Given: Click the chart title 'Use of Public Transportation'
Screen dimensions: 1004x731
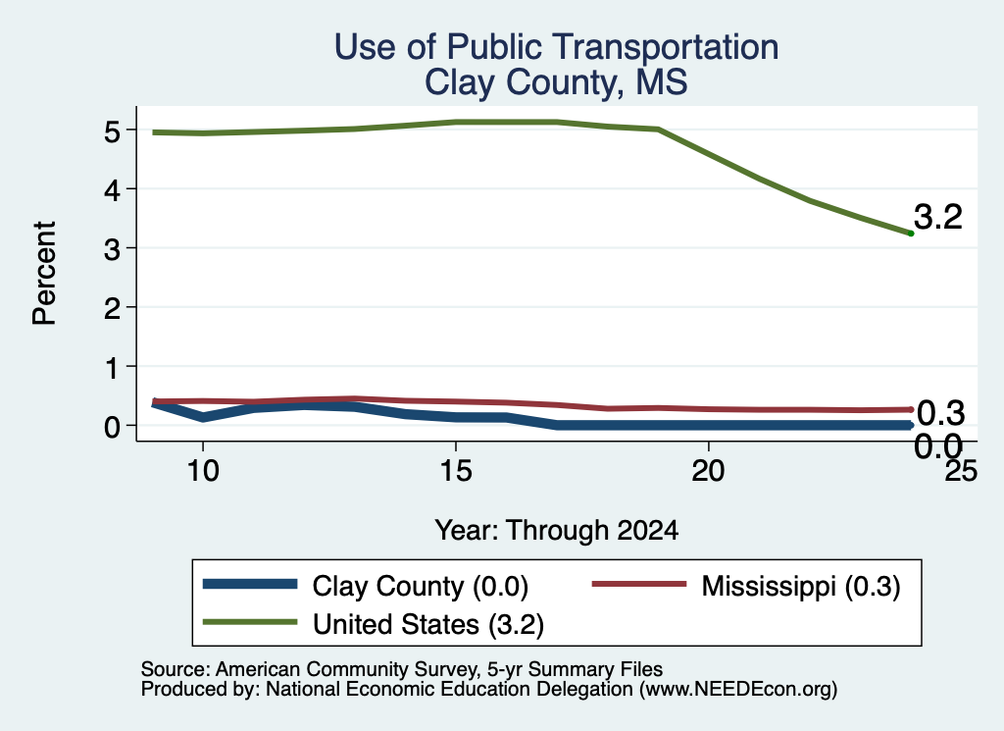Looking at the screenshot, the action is [x=556, y=47].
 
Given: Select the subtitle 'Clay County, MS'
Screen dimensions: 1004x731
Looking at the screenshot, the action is [x=556, y=82].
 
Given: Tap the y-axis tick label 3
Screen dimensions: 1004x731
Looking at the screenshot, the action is [x=112, y=248].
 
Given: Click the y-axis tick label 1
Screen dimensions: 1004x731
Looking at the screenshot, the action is [x=113, y=367].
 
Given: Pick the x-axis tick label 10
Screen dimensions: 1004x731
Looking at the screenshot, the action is [x=203, y=472].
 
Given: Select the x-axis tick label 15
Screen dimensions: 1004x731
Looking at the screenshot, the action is [x=456, y=472].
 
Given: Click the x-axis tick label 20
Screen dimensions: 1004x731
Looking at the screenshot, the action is [x=708, y=472].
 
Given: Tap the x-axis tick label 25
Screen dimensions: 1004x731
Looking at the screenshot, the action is [x=961, y=472].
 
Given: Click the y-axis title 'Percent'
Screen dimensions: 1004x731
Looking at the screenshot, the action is [x=45, y=273].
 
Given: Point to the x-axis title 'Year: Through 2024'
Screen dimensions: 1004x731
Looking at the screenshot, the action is [x=557, y=531].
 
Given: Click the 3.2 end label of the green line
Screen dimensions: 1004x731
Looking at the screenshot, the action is [x=938, y=217].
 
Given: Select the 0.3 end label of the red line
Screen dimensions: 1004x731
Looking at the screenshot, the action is [x=940, y=413].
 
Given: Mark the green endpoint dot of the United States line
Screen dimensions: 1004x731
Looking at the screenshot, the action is [x=911, y=234].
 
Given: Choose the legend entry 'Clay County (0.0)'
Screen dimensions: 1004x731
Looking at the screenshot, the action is [x=366, y=586].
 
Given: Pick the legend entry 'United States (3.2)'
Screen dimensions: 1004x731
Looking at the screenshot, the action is [x=374, y=624].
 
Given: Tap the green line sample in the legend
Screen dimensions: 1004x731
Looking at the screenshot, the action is [x=250, y=622].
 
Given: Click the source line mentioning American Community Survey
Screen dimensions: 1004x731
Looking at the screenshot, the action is [x=401, y=669].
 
